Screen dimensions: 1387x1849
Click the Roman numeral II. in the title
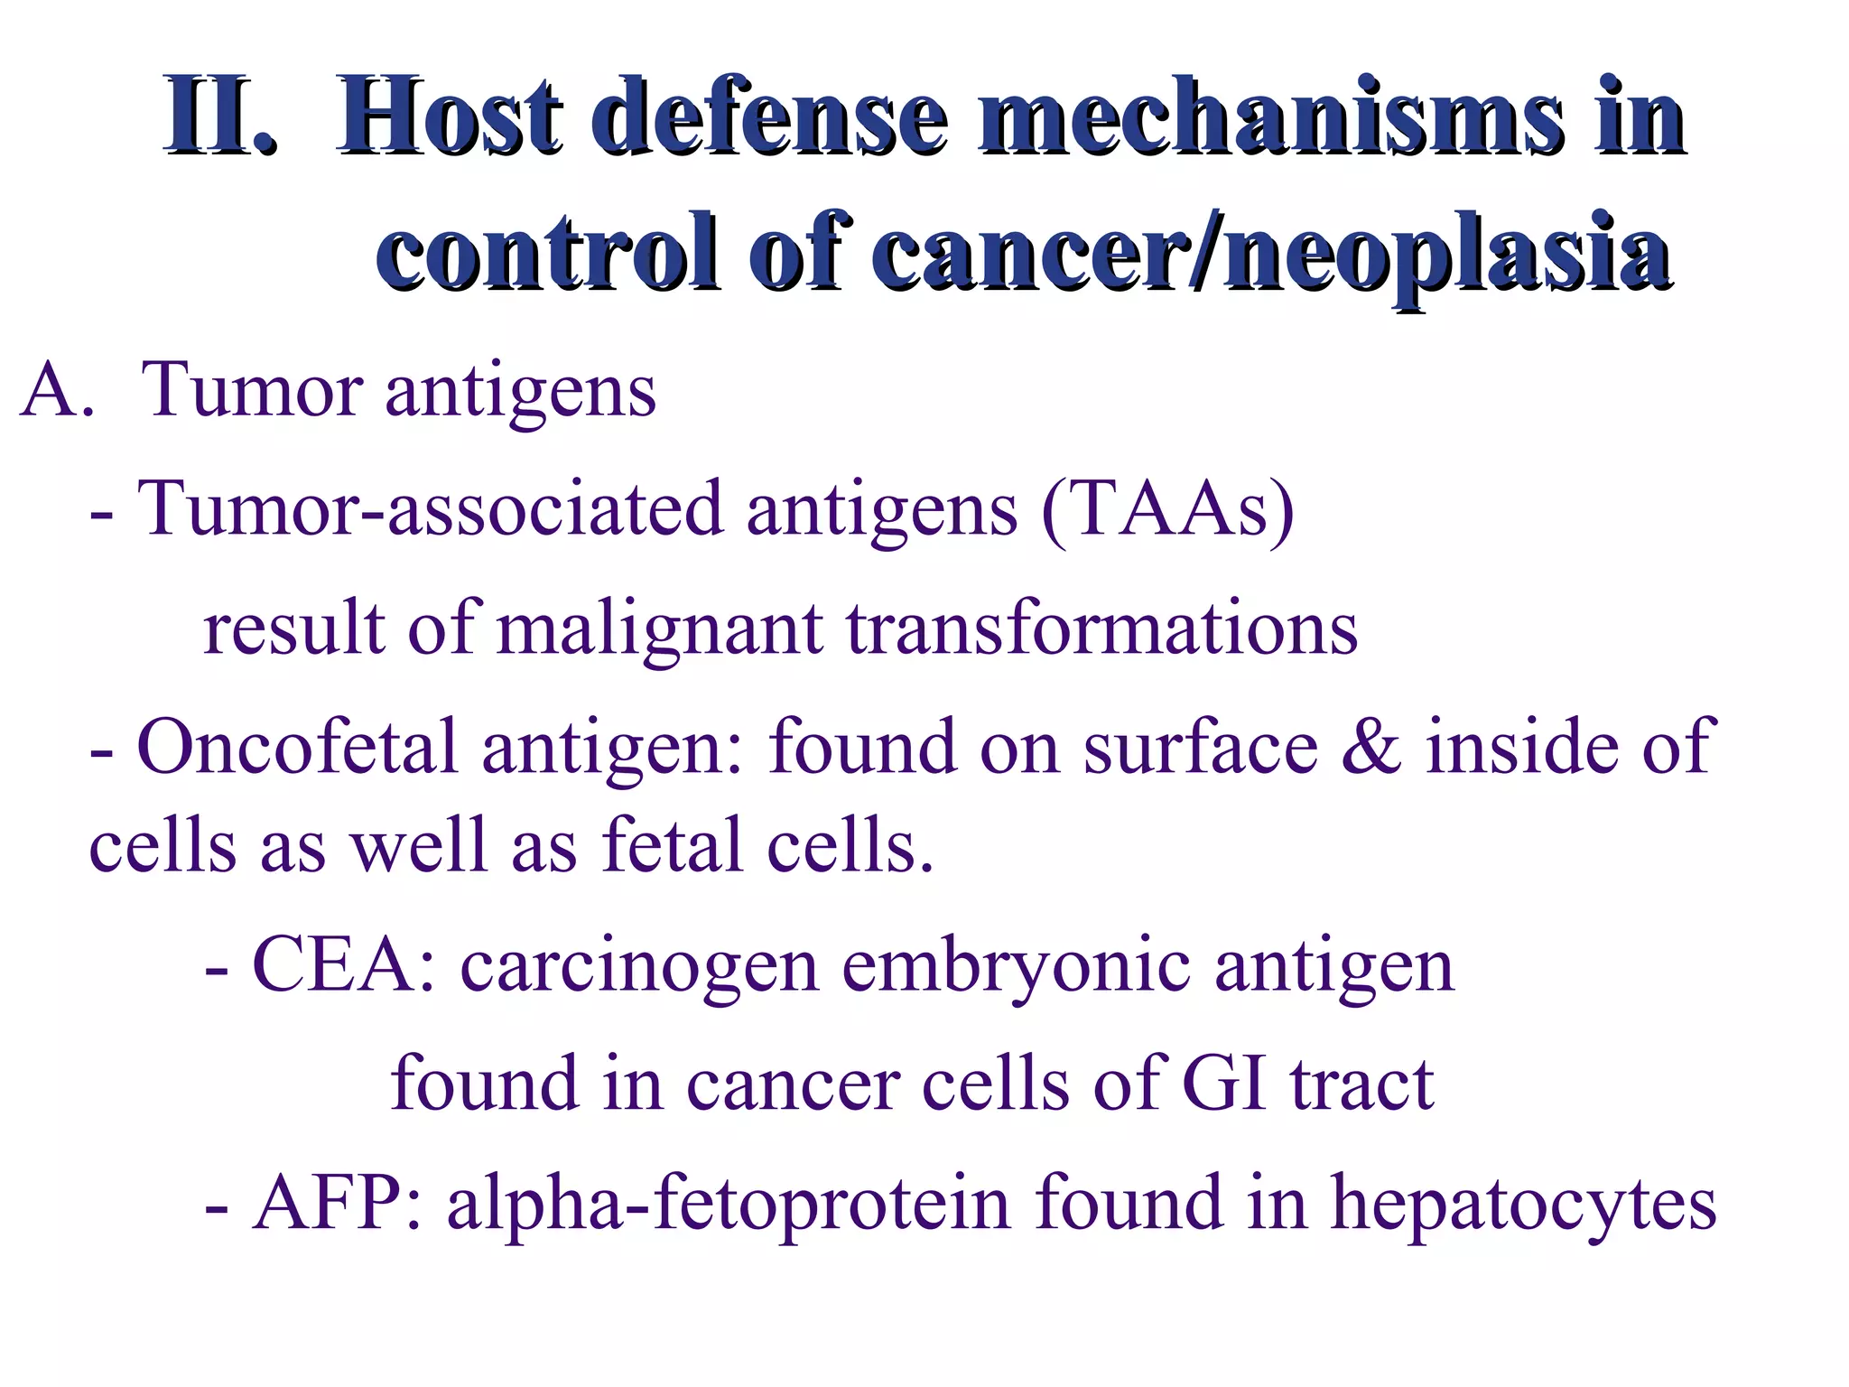219,117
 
